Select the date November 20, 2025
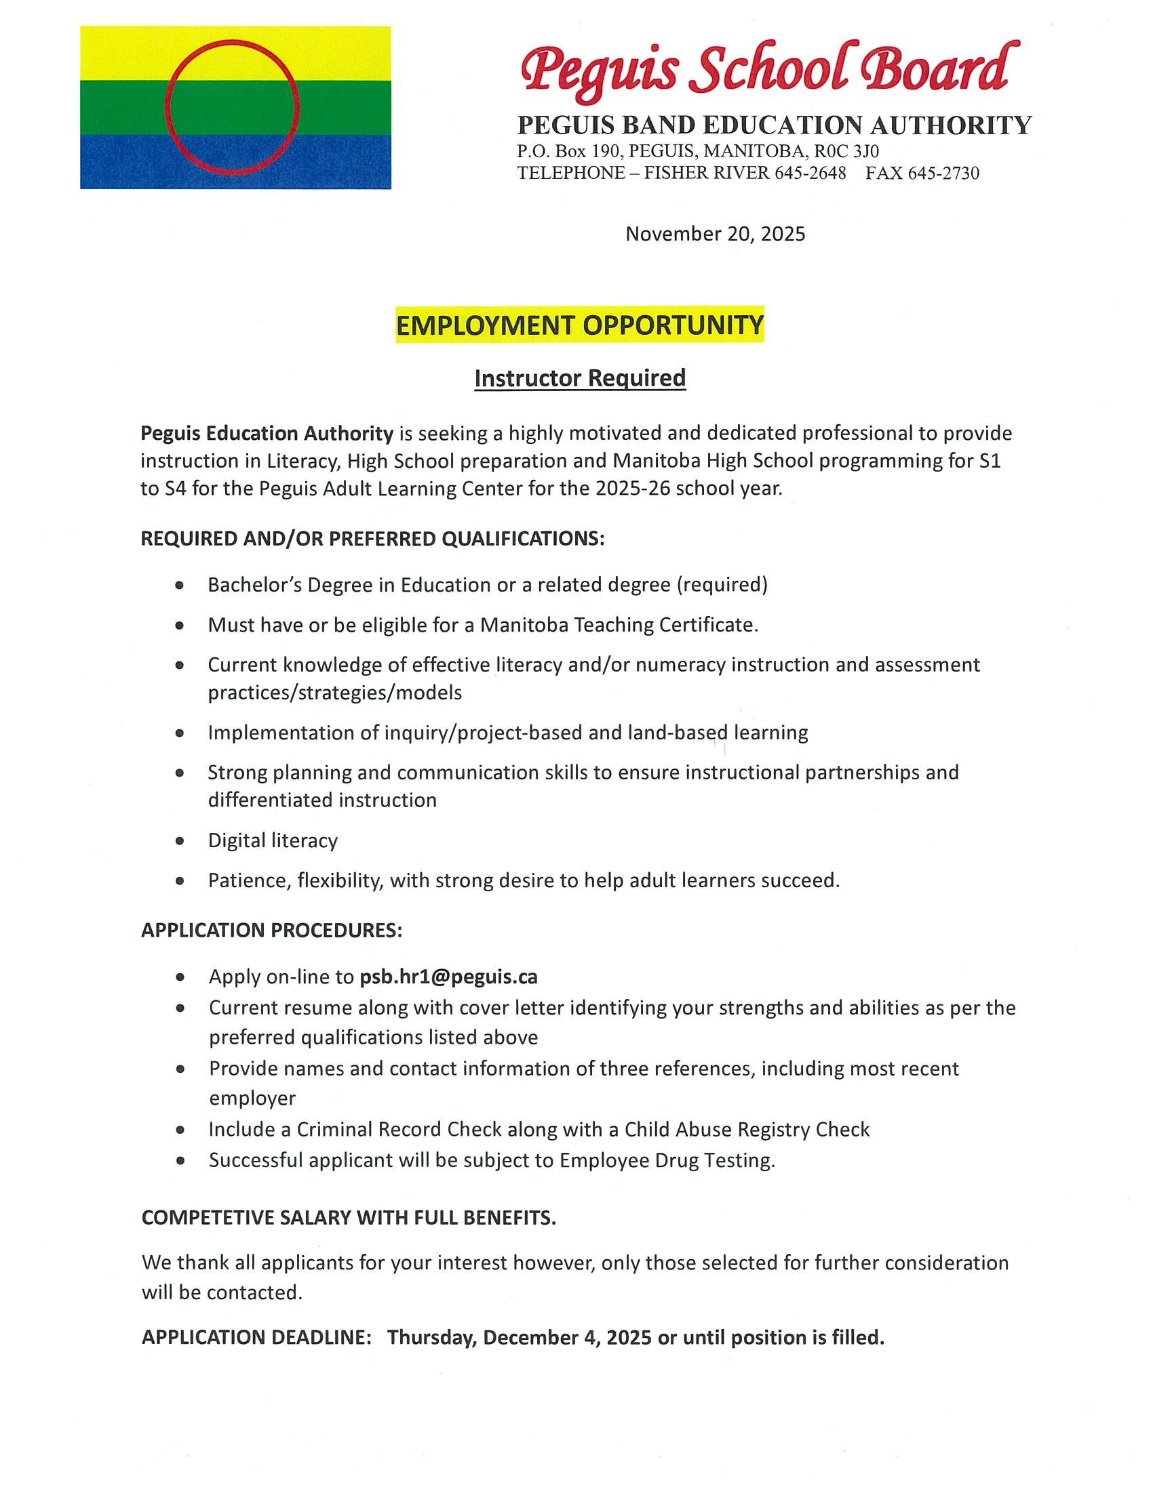coord(715,234)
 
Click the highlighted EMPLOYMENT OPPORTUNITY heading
coord(579,325)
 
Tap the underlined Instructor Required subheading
coord(579,378)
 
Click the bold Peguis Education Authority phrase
coord(267,434)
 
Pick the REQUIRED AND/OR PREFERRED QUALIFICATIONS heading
coord(372,539)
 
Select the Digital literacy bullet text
coord(273,840)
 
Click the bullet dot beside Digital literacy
coord(180,841)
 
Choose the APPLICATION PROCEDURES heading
coord(271,931)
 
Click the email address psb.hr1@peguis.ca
coord(448,977)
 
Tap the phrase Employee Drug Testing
coord(667,1160)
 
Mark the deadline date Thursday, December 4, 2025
coord(519,1337)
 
